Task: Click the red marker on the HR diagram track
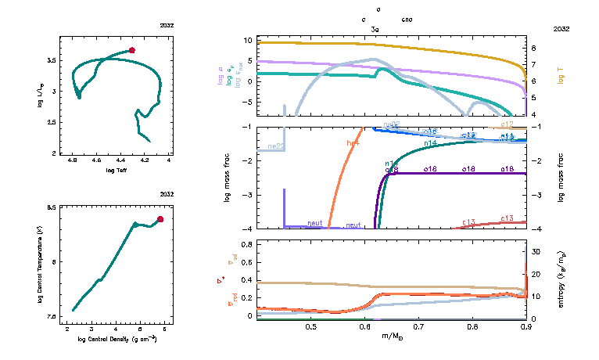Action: (132, 50)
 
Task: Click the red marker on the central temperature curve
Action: (160, 219)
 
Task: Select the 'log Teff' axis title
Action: (117, 170)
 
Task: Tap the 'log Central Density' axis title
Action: (117, 338)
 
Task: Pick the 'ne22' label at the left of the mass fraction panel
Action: (275, 146)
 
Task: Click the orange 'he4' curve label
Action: (353, 143)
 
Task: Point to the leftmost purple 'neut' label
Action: (315, 223)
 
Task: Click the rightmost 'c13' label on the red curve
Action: (507, 218)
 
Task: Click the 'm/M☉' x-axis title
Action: (392, 337)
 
